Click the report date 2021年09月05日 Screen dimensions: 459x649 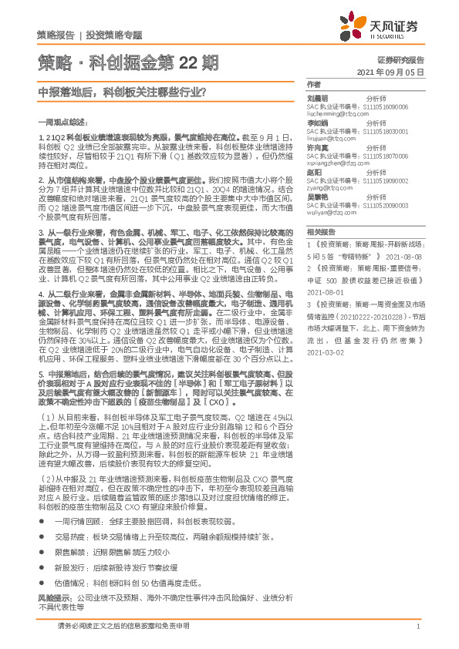[391, 72]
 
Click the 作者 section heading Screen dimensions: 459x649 [312, 83]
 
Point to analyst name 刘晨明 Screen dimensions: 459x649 [317, 99]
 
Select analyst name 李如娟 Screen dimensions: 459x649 [317, 123]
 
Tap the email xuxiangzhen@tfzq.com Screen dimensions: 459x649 [336, 163]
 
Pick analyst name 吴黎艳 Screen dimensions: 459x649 [317, 197]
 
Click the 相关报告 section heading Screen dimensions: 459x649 [318, 231]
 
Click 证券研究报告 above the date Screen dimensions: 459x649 [400, 59]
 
